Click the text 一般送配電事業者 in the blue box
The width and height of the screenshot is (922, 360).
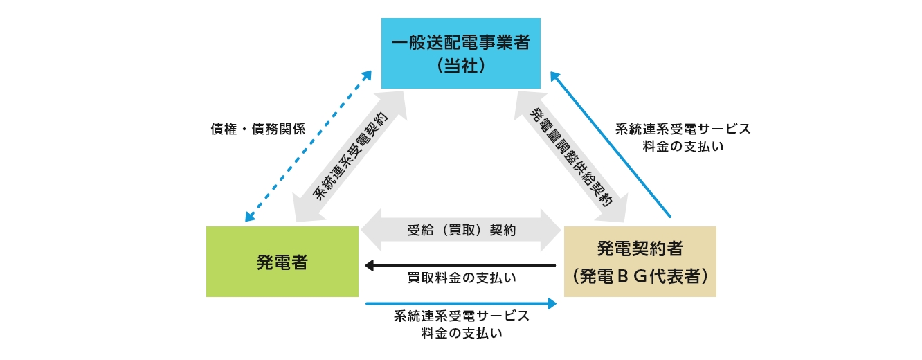click(461, 43)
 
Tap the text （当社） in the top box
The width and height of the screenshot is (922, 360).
click(461, 66)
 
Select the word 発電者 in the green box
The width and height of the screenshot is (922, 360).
click(282, 262)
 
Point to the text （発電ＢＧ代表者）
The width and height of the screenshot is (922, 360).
click(640, 276)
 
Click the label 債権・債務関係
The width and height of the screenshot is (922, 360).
click(257, 129)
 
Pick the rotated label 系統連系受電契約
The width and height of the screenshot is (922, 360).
click(350, 155)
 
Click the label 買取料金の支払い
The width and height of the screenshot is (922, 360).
click(462, 278)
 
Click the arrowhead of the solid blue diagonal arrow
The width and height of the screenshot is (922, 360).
click(554, 73)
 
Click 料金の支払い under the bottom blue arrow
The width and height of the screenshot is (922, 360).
click(462, 333)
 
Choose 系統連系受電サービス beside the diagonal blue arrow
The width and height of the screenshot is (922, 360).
click(683, 129)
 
